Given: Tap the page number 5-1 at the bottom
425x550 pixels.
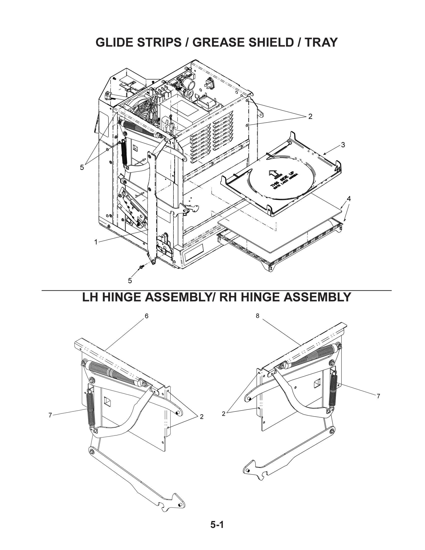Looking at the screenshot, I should click(x=217, y=525).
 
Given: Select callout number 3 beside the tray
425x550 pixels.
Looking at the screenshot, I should click(x=343, y=145).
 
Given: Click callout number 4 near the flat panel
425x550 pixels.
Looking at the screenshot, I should click(x=348, y=199).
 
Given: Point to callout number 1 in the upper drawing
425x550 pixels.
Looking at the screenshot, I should click(x=96, y=242).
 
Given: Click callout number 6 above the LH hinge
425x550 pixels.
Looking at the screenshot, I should click(x=146, y=316).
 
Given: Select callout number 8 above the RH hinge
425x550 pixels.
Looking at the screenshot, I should click(x=257, y=316).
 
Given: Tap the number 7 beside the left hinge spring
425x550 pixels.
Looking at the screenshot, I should click(x=50, y=415).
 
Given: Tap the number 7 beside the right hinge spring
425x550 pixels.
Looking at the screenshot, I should click(x=378, y=396).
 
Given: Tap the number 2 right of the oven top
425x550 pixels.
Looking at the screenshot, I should click(x=310, y=116).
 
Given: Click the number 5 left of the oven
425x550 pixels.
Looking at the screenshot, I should click(x=82, y=167).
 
